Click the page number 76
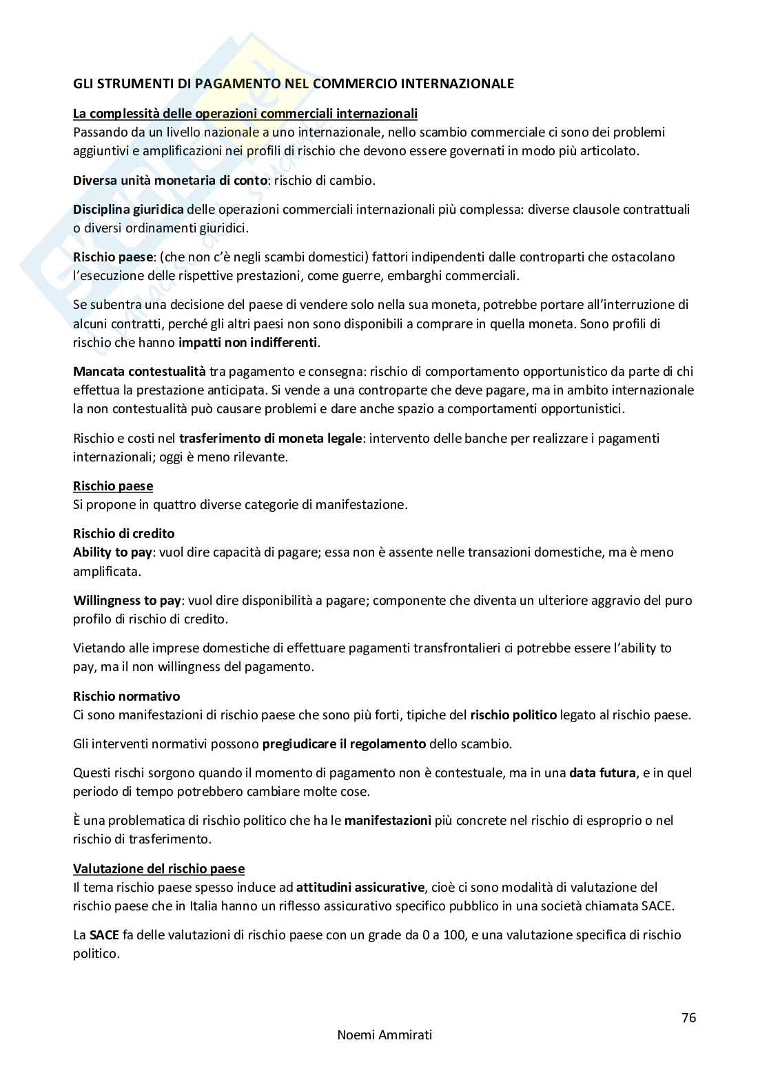click(688, 1017)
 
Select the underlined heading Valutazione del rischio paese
click(158, 869)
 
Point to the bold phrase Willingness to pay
click(127, 600)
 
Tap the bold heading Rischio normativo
click(126, 696)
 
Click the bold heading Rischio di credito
click(123, 533)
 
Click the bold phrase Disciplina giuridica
click(128, 209)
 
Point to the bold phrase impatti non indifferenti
click(248, 342)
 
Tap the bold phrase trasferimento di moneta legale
click(270, 438)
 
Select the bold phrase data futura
click(602, 772)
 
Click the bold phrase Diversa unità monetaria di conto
click(170, 180)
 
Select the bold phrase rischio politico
click(513, 715)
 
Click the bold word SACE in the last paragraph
click(104, 935)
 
